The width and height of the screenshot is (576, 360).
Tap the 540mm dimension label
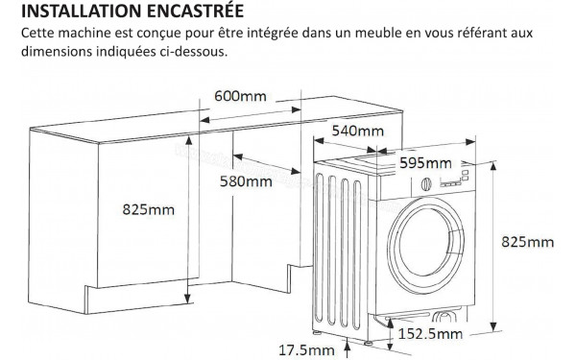coord(357,131)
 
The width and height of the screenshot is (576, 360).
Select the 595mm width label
coord(424,162)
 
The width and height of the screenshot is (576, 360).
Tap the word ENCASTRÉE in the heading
coord(198,12)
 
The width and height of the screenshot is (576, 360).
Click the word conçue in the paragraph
coord(159,34)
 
